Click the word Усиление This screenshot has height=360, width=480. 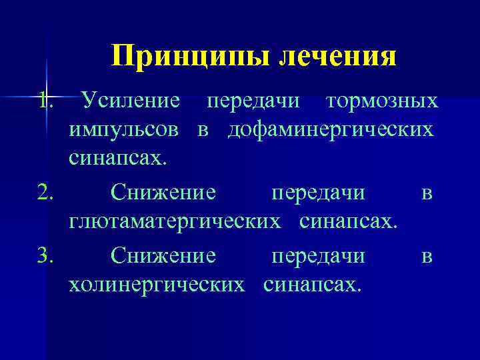pyautogui.click(x=129, y=101)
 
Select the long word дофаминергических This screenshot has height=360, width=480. pyautogui.click(x=330, y=131)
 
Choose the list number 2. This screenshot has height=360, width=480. pyautogui.click(x=45, y=193)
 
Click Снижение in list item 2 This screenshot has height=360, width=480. pyautogui.click(x=163, y=193)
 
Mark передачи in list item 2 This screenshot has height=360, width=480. pyautogui.click(x=318, y=193)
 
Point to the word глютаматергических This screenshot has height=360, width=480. pyautogui.click(x=174, y=222)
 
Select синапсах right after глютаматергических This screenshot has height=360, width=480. pyautogui.click(x=349, y=222)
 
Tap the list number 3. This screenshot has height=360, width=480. pyautogui.click(x=45, y=256)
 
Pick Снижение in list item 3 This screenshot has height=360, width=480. pyautogui.click(x=163, y=256)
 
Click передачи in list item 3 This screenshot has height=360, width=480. pyautogui.click(x=318, y=256)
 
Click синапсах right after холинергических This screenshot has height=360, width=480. pyautogui.click(x=313, y=285)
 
